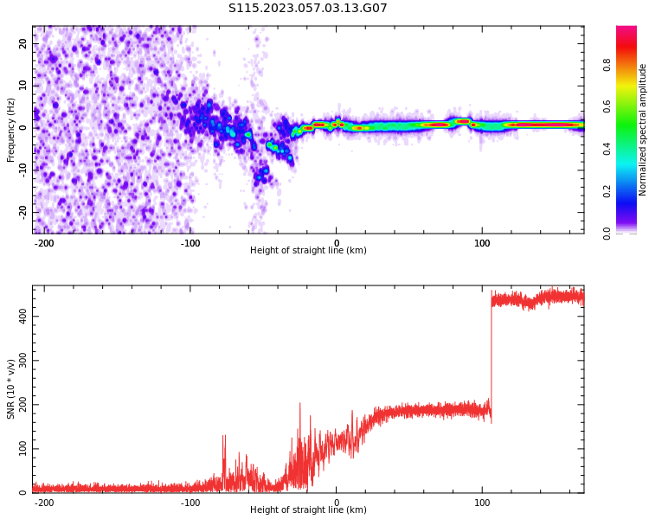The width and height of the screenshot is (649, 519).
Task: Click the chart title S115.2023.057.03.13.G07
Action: [x=307, y=8]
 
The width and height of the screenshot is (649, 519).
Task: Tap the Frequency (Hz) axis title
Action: [x=10, y=130]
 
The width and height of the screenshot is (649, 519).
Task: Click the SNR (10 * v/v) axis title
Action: [x=10, y=388]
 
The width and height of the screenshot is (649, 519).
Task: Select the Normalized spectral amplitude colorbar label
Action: [x=642, y=130]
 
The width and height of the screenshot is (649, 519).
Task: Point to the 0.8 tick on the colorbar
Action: [x=607, y=65]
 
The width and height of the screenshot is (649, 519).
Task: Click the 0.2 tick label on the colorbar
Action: [x=607, y=191]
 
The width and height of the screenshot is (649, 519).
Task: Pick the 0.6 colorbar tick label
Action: [x=607, y=106]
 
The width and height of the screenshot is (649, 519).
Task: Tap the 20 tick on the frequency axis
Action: [x=22, y=43]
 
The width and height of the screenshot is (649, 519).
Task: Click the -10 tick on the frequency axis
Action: [x=22, y=170]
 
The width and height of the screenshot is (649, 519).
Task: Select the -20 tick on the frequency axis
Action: [x=22, y=212]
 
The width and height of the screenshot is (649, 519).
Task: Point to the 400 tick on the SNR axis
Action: [x=22, y=317]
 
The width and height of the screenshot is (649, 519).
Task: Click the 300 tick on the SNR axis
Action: [x=22, y=361]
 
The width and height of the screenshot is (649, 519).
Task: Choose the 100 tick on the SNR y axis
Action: [x=22, y=449]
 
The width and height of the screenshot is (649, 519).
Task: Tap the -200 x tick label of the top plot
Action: [x=43, y=243]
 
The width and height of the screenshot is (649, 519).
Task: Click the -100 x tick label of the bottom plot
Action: [x=190, y=503]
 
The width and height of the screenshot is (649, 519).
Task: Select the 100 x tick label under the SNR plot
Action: [x=482, y=503]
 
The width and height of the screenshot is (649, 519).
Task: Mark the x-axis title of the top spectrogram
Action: [x=308, y=250]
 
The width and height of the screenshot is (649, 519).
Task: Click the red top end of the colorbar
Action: [x=627, y=29]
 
